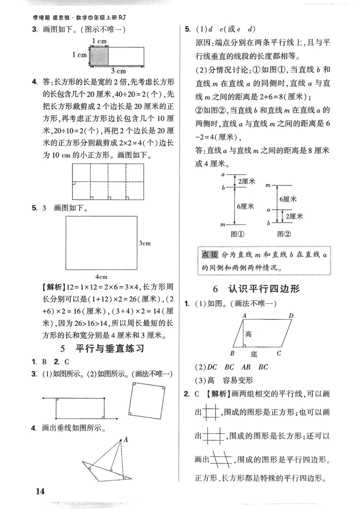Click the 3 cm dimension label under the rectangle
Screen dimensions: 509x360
(x=118, y=71)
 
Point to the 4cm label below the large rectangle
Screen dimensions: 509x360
(x=102, y=276)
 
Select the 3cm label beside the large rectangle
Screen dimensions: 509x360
(x=144, y=243)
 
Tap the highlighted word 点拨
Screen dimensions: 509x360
(x=210, y=255)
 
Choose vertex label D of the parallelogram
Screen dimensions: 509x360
(x=291, y=316)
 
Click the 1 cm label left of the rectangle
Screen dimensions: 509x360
(x=79, y=55)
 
